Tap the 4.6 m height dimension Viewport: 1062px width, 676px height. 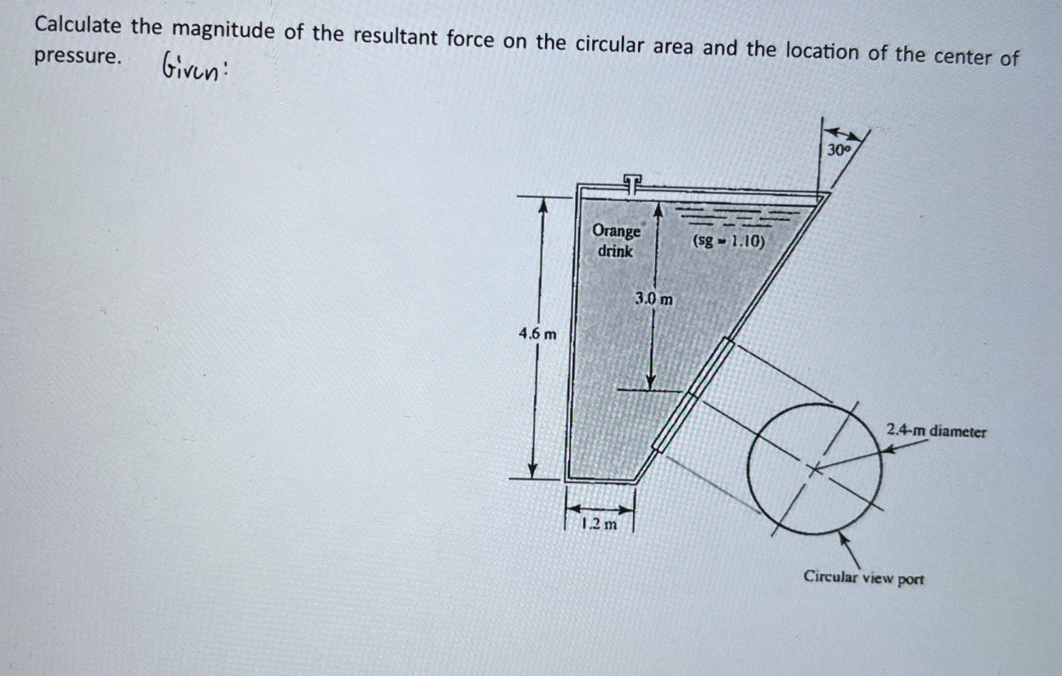(537, 334)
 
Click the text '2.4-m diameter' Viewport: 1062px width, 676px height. (936, 430)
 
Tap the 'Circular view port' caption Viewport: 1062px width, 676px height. (863, 578)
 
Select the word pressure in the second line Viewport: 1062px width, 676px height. (78, 56)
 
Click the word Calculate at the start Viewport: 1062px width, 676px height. (78, 25)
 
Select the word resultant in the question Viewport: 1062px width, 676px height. (396, 37)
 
